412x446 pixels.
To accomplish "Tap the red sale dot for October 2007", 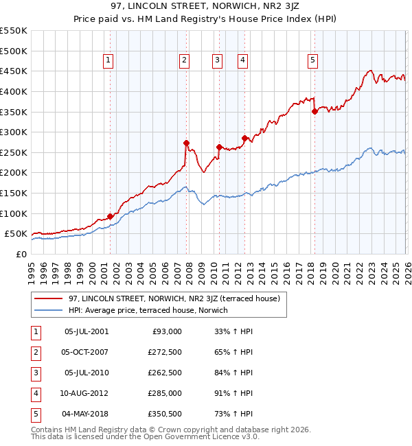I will (x=186, y=143).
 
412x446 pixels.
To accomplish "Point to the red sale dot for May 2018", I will (x=314, y=111).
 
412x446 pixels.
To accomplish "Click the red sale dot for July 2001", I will (x=110, y=216).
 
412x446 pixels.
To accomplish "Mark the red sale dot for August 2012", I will (x=244, y=138).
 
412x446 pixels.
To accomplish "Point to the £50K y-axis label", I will (x=16, y=234).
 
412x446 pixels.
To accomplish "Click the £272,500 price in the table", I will (x=165, y=353).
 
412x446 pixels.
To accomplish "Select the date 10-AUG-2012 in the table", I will (x=86, y=394).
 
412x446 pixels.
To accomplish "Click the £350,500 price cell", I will (x=165, y=414).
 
